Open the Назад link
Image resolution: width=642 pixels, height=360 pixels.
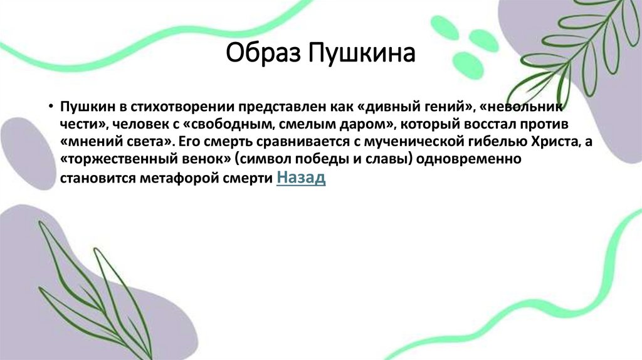tap(301, 178)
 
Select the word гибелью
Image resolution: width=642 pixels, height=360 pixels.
tap(491, 141)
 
